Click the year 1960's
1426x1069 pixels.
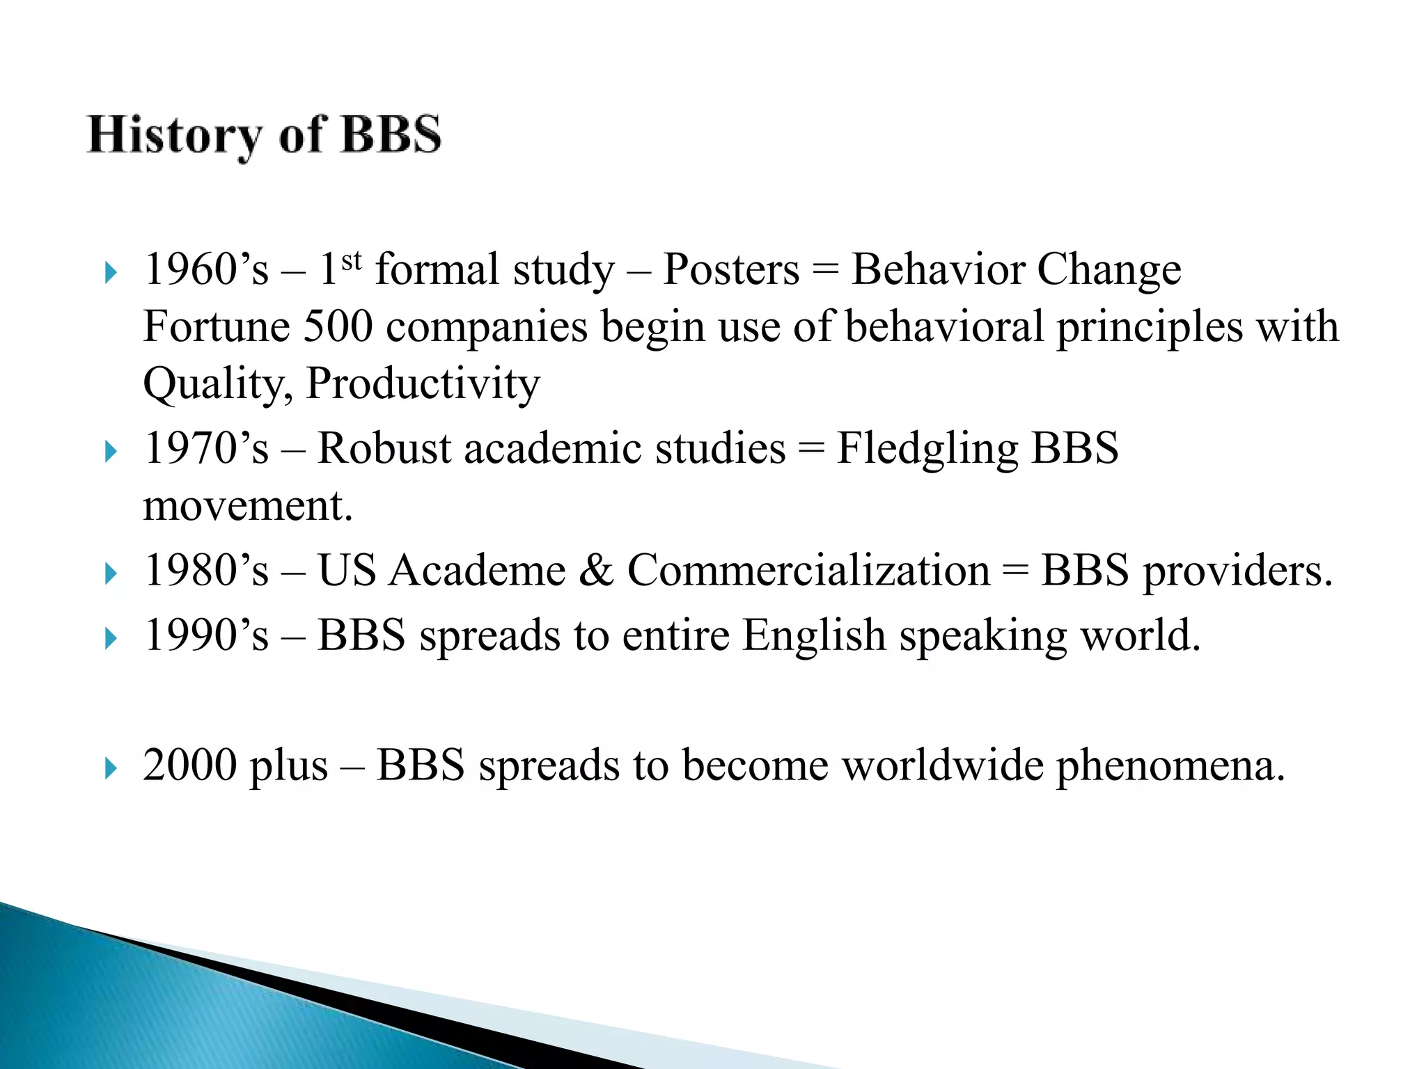tap(206, 270)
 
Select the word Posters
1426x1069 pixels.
tap(731, 270)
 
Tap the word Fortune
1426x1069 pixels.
tap(217, 327)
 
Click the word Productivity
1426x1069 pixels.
tap(423, 384)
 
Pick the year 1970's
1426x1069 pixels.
tap(206, 448)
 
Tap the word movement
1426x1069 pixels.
tap(247, 506)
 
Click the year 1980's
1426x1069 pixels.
tap(206, 571)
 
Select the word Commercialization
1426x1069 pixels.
tap(808, 571)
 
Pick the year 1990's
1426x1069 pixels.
tap(206, 635)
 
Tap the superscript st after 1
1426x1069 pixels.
tap(352, 261)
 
